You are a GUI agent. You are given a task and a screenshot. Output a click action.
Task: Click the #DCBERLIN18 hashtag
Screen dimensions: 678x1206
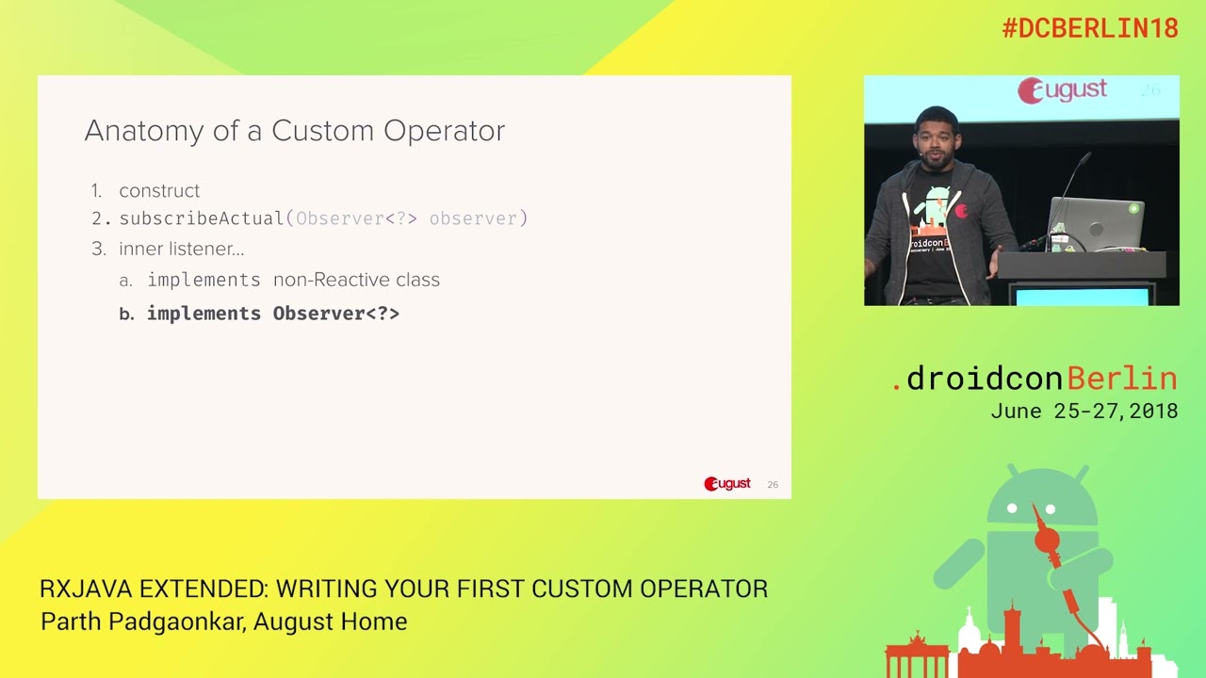(x=1090, y=28)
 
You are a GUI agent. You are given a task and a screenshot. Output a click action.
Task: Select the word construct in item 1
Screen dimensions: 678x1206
(x=159, y=191)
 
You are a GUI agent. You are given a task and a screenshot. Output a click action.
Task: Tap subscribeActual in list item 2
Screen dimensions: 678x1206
(x=202, y=218)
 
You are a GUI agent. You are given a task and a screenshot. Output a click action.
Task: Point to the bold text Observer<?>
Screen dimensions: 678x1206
(x=335, y=314)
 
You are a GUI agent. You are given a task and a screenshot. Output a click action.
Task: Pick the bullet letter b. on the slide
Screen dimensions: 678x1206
(x=127, y=315)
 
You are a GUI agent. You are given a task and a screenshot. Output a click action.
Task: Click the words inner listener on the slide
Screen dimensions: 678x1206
(x=181, y=250)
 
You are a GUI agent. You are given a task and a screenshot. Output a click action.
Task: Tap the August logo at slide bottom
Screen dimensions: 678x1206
(x=726, y=484)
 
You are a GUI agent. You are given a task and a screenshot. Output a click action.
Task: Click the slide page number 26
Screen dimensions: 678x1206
(x=773, y=485)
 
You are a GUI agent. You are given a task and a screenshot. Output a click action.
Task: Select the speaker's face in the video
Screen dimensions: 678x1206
(x=935, y=139)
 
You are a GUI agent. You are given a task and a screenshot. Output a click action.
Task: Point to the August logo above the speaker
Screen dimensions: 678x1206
(x=1062, y=90)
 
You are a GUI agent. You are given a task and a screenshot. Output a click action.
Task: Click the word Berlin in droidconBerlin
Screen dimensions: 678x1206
(x=1123, y=379)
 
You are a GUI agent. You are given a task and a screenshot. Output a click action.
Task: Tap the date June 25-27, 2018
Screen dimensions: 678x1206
(x=1084, y=412)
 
